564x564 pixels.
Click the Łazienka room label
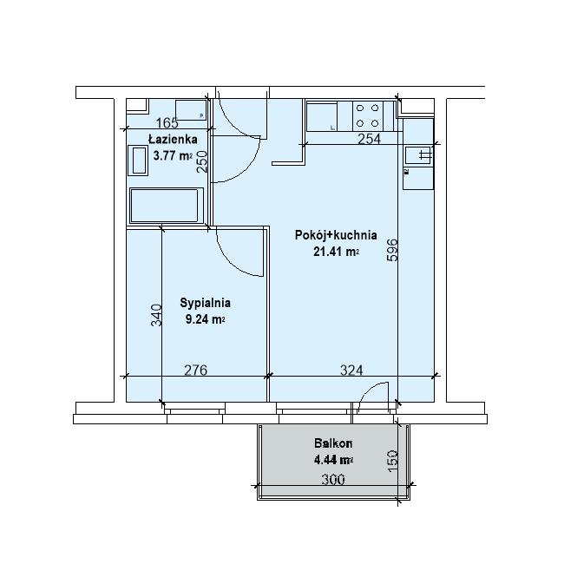(173, 139)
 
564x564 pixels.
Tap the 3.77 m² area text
(173, 155)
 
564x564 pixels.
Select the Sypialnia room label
(205, 303)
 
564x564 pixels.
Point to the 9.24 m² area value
(205, 319)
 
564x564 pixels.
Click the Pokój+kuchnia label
(336, 235)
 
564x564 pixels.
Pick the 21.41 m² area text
(336, 252)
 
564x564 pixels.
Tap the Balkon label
(333, 443)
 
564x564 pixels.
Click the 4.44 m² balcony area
(333, 460)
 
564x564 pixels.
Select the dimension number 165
(167, 123)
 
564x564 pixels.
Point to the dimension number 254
(369, 139)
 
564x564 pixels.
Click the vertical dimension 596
(392, 250)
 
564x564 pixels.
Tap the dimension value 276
(196, 370)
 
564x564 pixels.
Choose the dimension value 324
(351, 370)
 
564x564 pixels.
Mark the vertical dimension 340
(156, 315)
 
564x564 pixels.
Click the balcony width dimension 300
(333, 480)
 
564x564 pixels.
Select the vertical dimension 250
(202, 161)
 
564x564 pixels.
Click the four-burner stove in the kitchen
(368, 115)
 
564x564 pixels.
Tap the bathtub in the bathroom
(165, 206)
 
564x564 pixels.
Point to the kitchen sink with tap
(418, 155)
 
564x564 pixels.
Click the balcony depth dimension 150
(392, 461)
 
